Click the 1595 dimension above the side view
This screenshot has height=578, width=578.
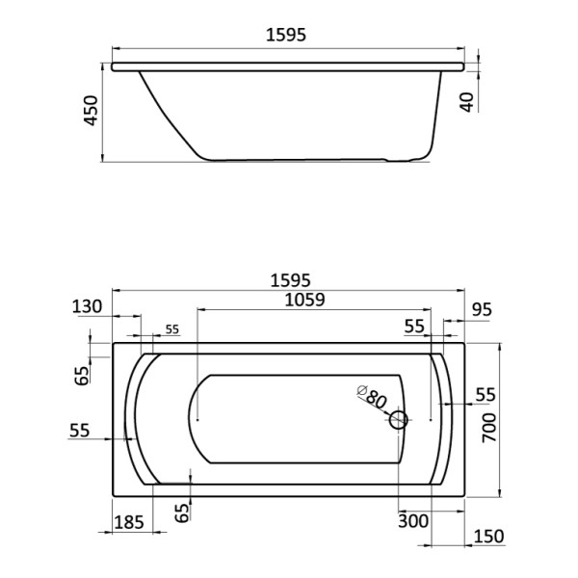coord(286,36)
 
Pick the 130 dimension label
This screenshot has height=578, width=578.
coord(88,307)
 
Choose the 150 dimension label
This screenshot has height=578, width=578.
coord(489,536)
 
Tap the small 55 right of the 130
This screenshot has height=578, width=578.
coord(171,329)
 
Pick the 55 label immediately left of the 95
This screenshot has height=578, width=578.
coord(414,327)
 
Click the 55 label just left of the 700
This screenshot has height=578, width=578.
coord(485,394)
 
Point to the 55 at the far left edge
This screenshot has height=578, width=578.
coord(81,431)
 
